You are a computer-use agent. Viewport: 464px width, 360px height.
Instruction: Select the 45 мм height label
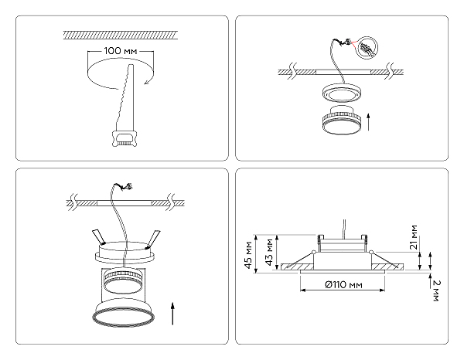248,251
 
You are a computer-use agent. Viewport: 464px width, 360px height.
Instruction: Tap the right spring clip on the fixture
155,236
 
